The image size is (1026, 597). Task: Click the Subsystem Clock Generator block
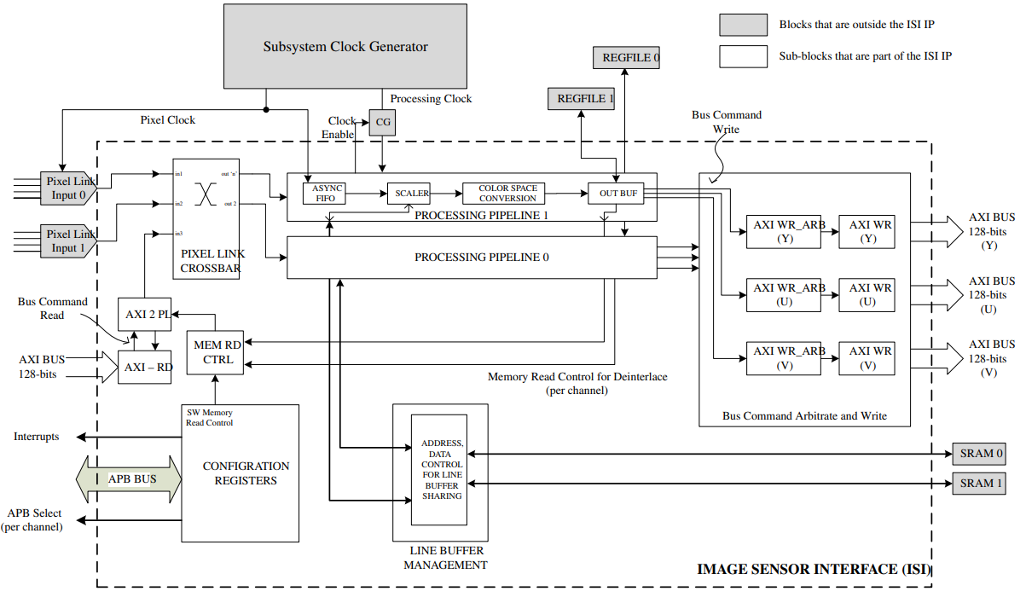tap(345, 45)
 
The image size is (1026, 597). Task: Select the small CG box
tap(383, 124)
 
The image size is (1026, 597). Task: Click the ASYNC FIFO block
tap(327, 193)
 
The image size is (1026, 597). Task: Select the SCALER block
tap(412, 193)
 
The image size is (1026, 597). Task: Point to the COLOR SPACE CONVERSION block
tap(507, 193)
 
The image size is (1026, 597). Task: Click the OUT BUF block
tap(617, 193)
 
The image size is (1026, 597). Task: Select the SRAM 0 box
tap(982, 453)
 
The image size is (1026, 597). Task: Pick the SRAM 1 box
tap(982, 484)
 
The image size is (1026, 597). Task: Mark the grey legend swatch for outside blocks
tap(742, 24)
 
